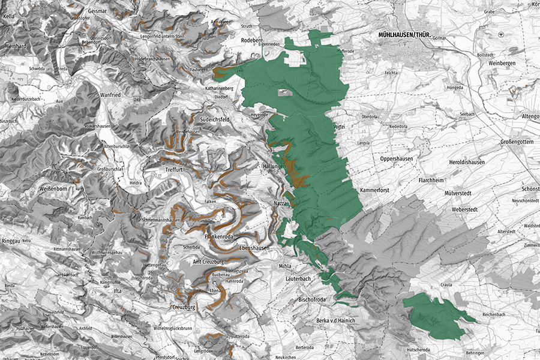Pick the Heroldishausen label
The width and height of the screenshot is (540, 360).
(x=471, y=163)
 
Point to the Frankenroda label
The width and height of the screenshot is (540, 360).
(x=223, y=237)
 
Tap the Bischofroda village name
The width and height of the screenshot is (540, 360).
(x=315, y=298)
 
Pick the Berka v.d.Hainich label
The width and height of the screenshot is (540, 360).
(x=336, y=321)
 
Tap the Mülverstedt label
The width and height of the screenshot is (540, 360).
(x=461, y=194)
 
